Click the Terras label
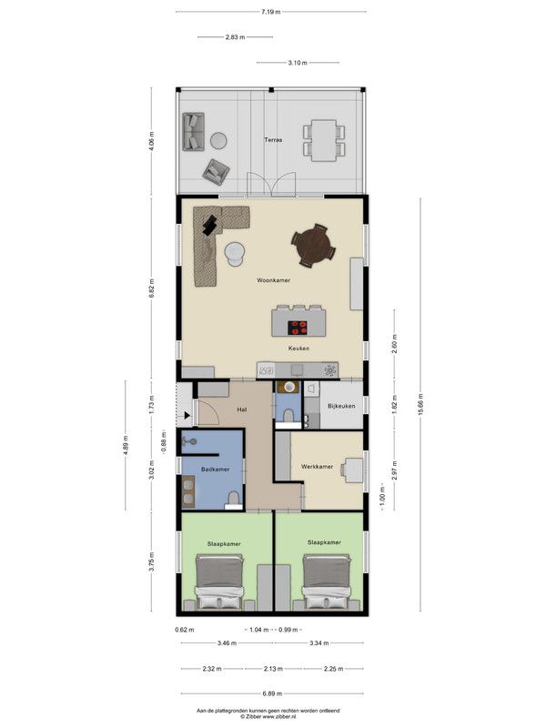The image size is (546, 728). point(273,140)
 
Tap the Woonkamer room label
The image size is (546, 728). point(274,280)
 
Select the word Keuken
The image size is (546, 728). point(298,349)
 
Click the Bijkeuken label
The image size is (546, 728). point(341,406)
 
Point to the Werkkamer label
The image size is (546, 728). point(317,467)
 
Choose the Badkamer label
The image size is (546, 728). point(215,470)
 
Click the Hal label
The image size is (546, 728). point(241,410)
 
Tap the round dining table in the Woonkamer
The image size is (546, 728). point(313,246)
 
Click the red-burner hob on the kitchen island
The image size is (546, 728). point(298,328)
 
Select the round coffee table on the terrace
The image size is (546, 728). point(218,141)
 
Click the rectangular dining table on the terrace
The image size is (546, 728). point(324,141)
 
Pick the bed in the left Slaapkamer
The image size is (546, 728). point(219,582)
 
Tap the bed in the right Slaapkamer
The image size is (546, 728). point(327,582)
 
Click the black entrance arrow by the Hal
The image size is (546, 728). point(187,416)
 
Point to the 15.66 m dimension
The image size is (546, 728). point(420,405)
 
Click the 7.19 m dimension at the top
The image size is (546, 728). point(271,12)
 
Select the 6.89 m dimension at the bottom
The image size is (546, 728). point(272,693)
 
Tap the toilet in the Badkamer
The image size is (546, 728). point(233,500)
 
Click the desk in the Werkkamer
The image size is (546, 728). point(354,470)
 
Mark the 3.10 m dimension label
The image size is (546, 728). point(298,63)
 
